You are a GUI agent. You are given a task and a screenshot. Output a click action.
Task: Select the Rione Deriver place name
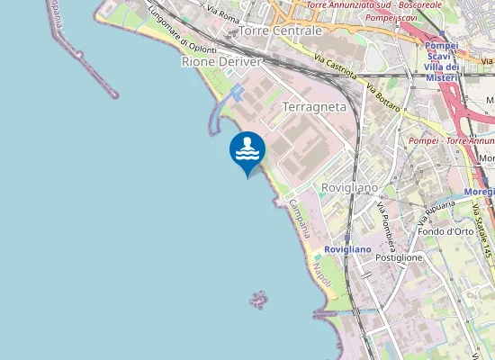click(x=220, y=61)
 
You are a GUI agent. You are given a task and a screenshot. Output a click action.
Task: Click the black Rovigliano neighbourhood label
click(x=349, y=188)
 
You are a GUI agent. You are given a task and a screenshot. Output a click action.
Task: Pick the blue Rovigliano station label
click(x=347, y=248)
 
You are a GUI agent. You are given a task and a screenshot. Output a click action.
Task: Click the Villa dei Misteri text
click(x=441, y=73)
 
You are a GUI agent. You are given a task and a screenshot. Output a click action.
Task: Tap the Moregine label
click(x=480, y=193)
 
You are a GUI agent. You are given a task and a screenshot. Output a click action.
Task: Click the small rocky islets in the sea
click(x=259, y=299)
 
